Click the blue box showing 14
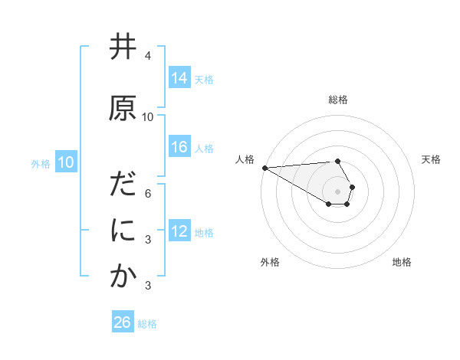[x=179, y=78]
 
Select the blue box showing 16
[x=179, y=147]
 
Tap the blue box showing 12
[x=179, y=231]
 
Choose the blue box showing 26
[x=123, y=322]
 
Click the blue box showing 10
[x=65, y=162]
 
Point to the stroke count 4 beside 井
[x=148, y=56]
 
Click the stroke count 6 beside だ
[x=148, y=194]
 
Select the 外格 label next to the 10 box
[x=40, y=164]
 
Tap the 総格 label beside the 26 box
[x=147, y=324]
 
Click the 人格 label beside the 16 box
[x=204, y=148]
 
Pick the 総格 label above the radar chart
[x=337, y=100]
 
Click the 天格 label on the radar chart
[x=431, y=159]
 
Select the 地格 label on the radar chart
[x=402, y=262]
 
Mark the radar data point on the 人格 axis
[x=264, y=167]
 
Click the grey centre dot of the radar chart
[x=337, y=191]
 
